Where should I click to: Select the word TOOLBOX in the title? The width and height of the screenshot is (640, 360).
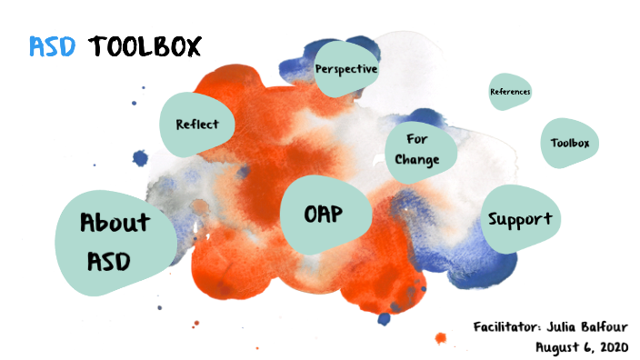[x=145, y=45]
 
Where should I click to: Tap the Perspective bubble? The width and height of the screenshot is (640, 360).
[x=345, y=68]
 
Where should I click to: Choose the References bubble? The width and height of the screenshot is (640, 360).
[x=510, y=92]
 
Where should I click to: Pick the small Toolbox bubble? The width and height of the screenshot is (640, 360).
[x=570, y=144]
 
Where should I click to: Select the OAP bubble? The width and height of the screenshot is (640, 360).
[x=325, y=214]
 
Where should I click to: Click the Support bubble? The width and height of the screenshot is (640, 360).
[x=520, y=219]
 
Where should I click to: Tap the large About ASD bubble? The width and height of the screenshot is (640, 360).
[x=115, y=241]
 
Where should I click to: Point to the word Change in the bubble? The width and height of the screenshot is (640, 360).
[x=417, y=160]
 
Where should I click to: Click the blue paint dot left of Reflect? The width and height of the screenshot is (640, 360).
[x=140, y=158]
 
